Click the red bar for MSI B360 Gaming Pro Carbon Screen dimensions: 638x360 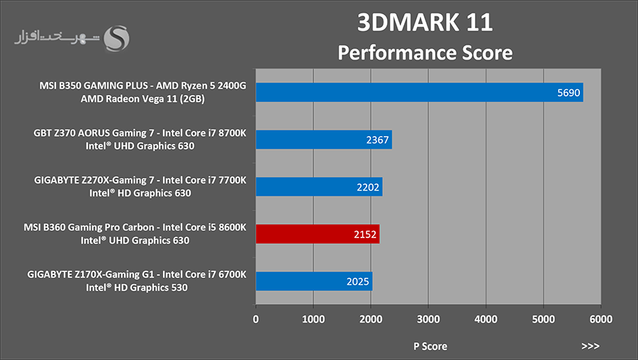(x=318, y=234)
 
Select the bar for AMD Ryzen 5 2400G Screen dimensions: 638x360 (x=420, y=92)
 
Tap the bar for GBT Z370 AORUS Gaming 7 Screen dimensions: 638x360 (x=324, y=140)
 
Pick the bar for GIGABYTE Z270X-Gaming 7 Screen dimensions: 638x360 (x=319, y=186)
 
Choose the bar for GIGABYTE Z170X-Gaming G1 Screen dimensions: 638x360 (x=314, y=281)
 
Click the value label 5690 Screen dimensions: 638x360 (x=569, y=93)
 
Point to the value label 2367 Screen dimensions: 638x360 (x=377, y=140)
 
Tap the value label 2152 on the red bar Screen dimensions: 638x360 (x=365, y=235)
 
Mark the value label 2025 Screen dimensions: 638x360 (x=358, y=281)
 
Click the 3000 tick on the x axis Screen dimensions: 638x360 (x=428, y=320)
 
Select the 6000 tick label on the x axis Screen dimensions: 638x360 (x=601, y=320)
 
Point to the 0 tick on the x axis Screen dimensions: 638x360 (x=255, y=320)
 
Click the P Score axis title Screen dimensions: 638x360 (x=430, y=346)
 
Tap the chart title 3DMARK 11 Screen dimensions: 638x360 (x=425, y=22)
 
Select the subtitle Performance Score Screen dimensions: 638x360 (x=425, y=53)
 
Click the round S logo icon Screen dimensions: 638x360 (x=116, y=39)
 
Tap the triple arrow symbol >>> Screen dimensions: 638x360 (x=591, y=346)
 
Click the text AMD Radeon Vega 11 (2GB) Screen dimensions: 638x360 (x=142, y=99)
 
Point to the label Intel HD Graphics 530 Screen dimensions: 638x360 (x=137, y=288)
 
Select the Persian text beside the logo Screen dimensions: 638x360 (x=57, y=37)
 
